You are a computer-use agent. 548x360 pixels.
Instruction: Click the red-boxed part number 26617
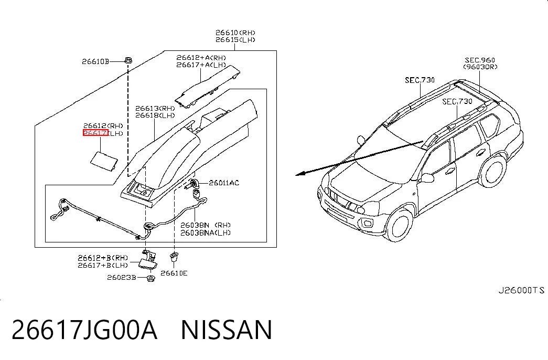tap(95, 133)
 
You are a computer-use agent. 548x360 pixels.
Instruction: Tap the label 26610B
tap(95, 61)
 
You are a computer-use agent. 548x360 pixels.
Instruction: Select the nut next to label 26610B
tap(128, 60)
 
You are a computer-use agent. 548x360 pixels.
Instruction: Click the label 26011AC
tap(224, 183)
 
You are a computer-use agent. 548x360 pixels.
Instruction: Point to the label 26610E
tap(174, 273)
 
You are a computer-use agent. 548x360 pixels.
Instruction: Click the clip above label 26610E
tap(174, 257)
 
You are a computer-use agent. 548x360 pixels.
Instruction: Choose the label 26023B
tap(121, 278)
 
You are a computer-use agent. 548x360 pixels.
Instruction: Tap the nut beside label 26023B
tap(151, 279)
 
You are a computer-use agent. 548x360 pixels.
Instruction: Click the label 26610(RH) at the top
tap(235, 33)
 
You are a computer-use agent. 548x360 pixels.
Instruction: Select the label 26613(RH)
tap(155, 108)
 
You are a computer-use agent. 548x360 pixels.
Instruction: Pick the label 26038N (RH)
tap(206, 225)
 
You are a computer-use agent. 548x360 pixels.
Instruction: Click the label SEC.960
tap(480, 60)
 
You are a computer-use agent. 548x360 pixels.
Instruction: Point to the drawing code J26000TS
tap(521, 290)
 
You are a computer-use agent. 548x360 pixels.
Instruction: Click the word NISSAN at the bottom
tap(227, 330)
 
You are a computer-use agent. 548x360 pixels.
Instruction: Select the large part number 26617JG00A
tap(84, 330)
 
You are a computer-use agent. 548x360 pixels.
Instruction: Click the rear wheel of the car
tap(493, 171)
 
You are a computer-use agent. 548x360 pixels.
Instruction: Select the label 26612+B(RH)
tap(103, 258)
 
